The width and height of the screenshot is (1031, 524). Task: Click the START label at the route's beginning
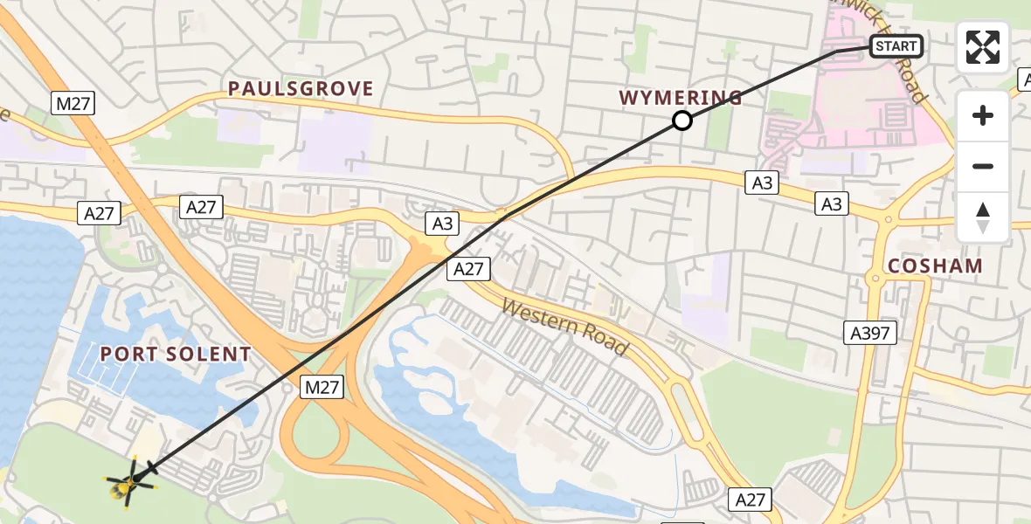896,46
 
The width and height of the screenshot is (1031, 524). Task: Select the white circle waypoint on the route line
682,121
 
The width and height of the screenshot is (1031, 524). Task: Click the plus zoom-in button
983,115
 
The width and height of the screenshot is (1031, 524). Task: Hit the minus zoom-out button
983,167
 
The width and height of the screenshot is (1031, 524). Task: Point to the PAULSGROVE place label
301,89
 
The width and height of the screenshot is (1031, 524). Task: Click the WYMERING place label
681,98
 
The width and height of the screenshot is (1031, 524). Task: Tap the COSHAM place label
935,265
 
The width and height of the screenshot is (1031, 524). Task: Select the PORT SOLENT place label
176,355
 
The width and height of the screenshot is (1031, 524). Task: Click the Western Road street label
564,326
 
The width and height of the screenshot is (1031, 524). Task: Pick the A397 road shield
871,332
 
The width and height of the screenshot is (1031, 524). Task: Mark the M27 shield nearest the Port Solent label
322,387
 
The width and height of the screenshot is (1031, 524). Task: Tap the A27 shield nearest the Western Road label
469,269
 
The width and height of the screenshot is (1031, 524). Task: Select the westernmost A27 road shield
101,211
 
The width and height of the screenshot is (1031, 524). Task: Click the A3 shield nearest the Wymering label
762,182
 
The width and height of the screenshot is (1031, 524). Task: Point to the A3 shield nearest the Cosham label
832,203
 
